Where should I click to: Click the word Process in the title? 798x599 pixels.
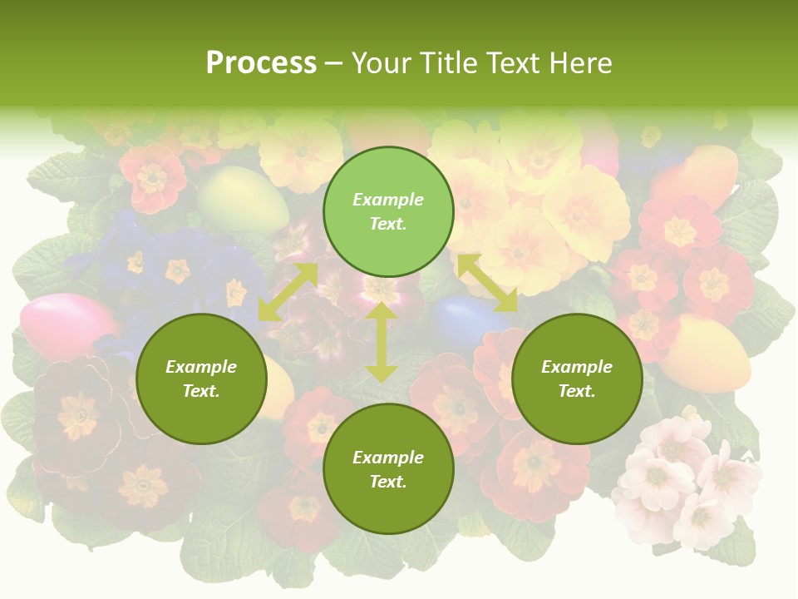point(261,62)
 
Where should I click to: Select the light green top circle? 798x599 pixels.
point(388,212)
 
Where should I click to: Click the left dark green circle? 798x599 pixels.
point(201,379)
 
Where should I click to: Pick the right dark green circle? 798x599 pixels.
point(577,379)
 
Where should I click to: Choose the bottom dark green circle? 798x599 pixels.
point(388,469)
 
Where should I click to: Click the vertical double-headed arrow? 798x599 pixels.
point(382,343)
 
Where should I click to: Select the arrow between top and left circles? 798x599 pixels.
point(288,292)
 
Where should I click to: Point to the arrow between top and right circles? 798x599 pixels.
point(487,284)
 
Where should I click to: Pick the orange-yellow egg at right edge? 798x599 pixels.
point(707,354)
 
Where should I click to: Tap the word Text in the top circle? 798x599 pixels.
point(387,224)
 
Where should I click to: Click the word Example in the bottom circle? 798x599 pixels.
point(388,458)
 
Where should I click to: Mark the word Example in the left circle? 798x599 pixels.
point(201,367)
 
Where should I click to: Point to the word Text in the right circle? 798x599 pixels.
point(576,391)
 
